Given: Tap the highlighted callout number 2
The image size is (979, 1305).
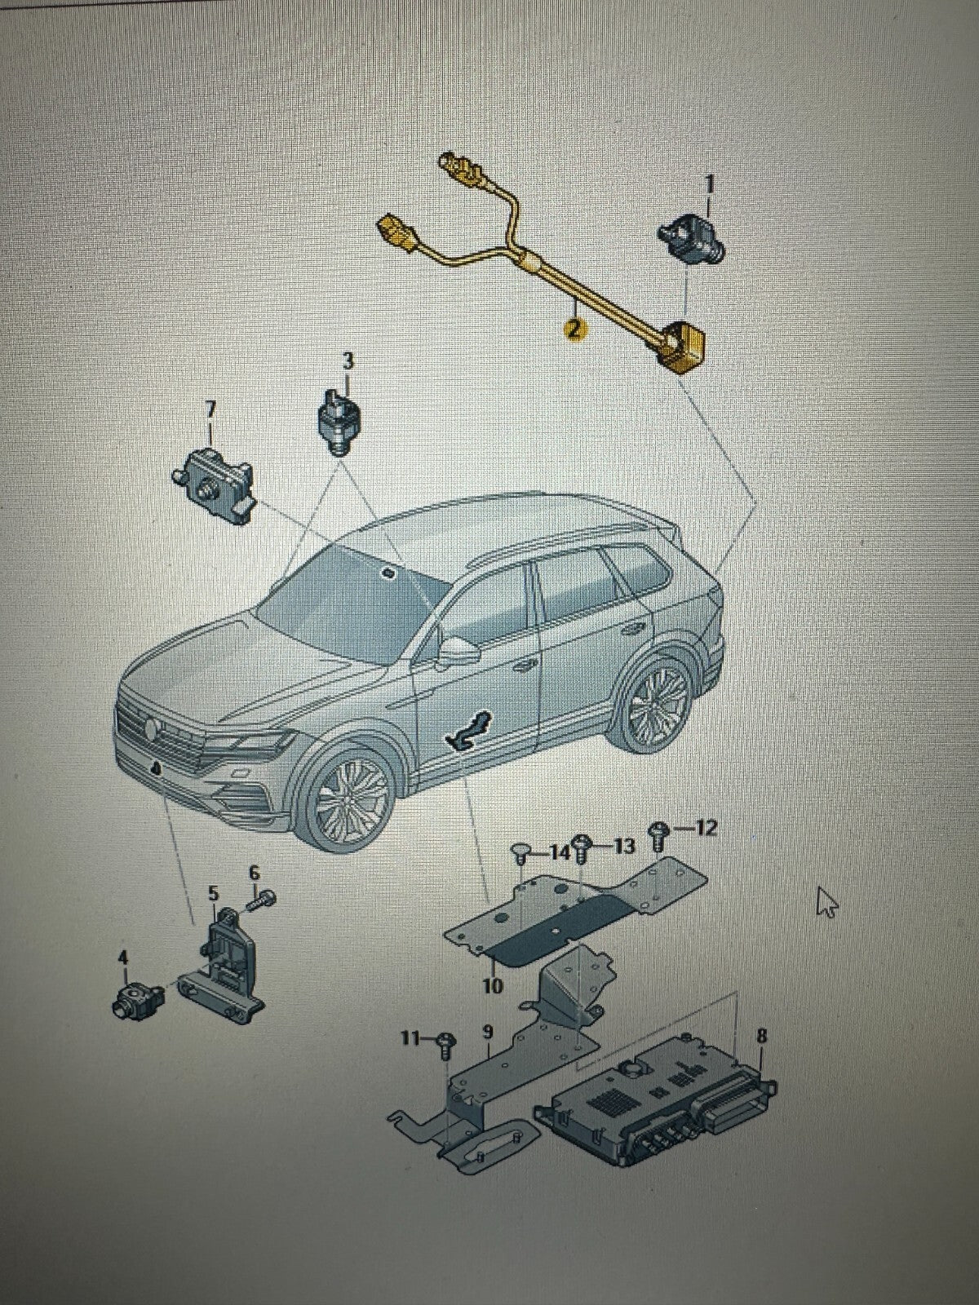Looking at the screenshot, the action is coord(573,329).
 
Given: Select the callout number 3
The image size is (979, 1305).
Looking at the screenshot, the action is coord(348,362).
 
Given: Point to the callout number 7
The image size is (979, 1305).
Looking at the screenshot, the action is coord(210,412).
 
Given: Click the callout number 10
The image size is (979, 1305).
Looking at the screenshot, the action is coord(493,985).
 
